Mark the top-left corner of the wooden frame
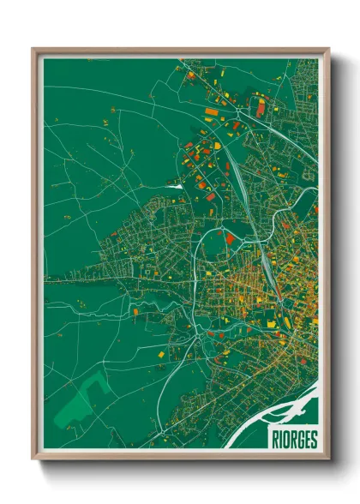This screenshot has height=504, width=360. click(33, 49)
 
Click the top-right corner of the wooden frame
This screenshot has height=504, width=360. click(329, 49)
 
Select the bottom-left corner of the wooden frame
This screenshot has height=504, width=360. click(33, 459)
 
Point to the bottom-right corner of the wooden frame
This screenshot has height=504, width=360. click(329, 459)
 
